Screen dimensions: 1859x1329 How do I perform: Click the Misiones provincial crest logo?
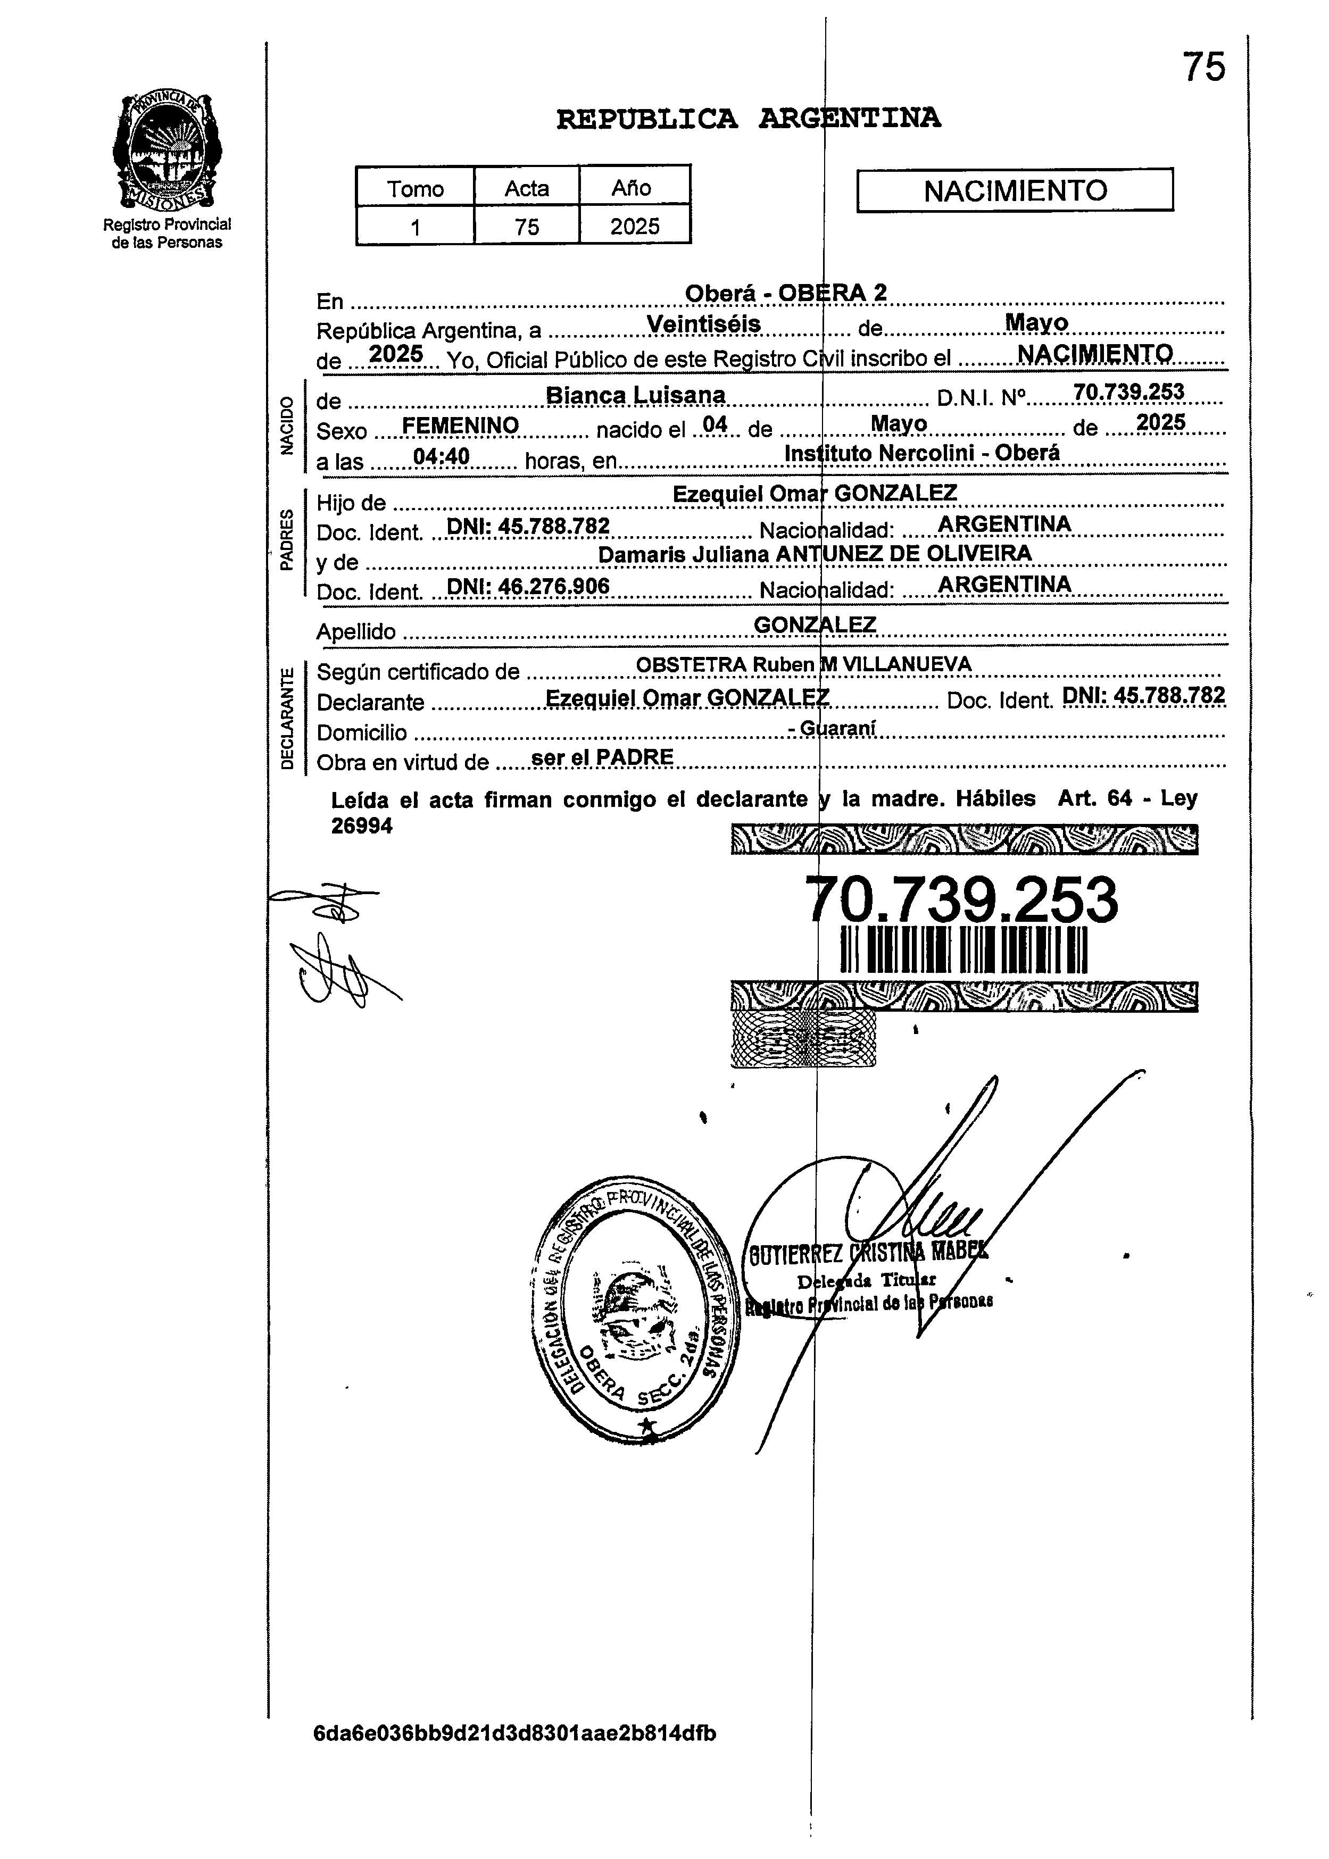click(167, 151)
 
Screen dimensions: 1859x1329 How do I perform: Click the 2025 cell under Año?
click(634, 226)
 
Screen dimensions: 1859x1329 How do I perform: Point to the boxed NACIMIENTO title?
click(1015, 190)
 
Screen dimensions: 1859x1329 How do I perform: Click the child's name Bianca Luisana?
click(635, 395)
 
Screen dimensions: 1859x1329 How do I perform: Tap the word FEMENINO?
click(461, 426)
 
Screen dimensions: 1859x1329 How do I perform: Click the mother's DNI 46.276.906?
click(528, 585)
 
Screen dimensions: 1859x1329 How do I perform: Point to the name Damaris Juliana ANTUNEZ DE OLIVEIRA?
click(814, 554)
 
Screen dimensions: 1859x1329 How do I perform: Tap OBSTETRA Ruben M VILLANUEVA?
click(803, 664)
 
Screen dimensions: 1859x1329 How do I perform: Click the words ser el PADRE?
click(602, 757)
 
